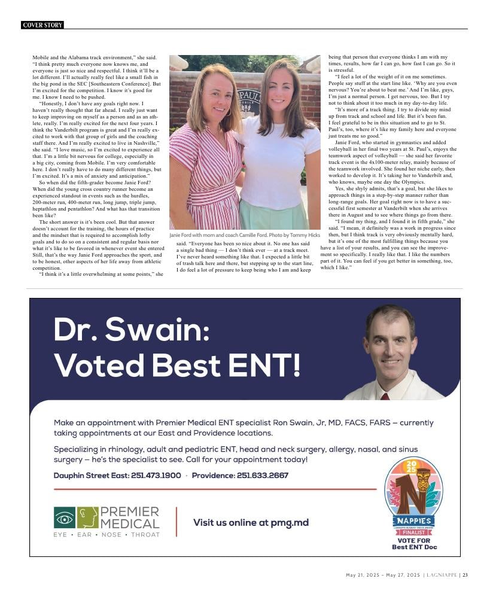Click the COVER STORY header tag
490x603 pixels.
(42, 25)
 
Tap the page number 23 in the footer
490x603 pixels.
(465, 575)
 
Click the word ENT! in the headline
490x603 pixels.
(272, 364)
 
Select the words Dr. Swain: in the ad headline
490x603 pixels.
(131, 330)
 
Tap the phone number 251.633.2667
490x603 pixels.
(262, 476)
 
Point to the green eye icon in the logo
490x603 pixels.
(65, 517)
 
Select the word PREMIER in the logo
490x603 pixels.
(130, 512)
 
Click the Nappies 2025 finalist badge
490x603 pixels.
(413, 497)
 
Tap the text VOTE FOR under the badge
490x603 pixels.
(413, 541)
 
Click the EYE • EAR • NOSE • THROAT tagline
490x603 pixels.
(106, 534)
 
